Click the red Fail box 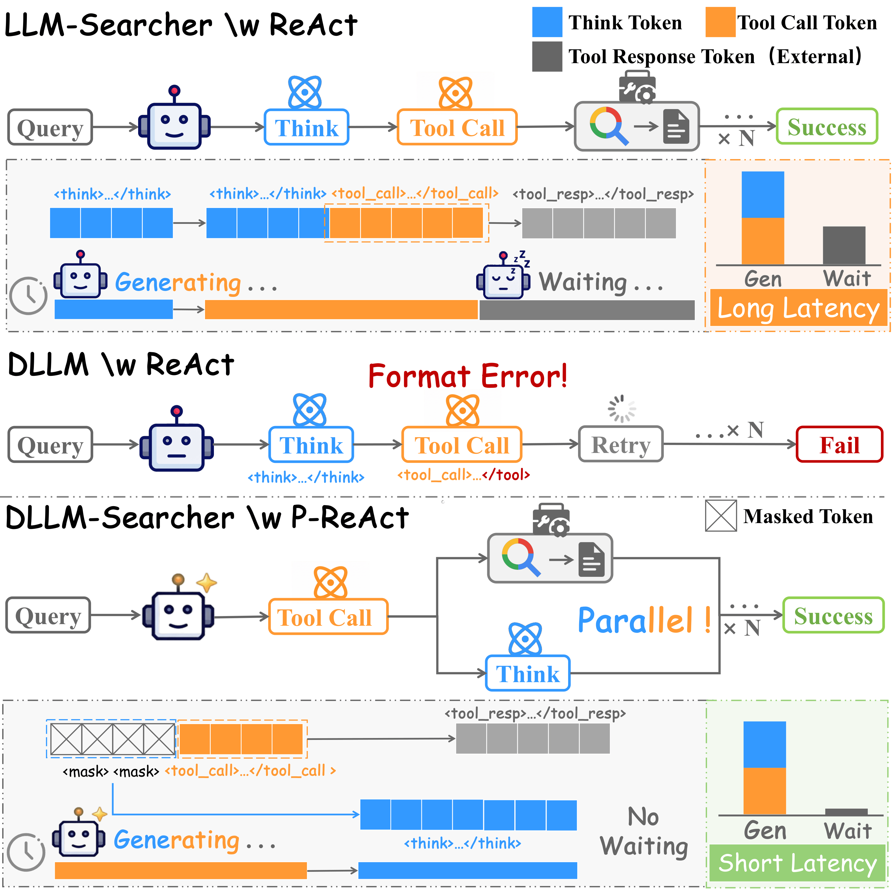point(839,444)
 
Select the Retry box point(621,444)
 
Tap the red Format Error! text point(468,376)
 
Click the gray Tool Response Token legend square point(547,56)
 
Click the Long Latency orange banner point(798,308)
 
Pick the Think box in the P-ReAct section point(527,673)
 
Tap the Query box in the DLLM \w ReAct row point(50,444)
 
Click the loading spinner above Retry point(622,408)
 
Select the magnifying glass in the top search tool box point(608,125)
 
